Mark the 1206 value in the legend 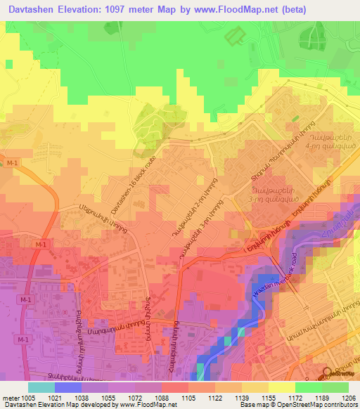click(x=348, y=397)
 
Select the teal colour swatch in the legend click(x=41, y=387)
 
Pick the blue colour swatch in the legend click(x=67, y=387)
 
